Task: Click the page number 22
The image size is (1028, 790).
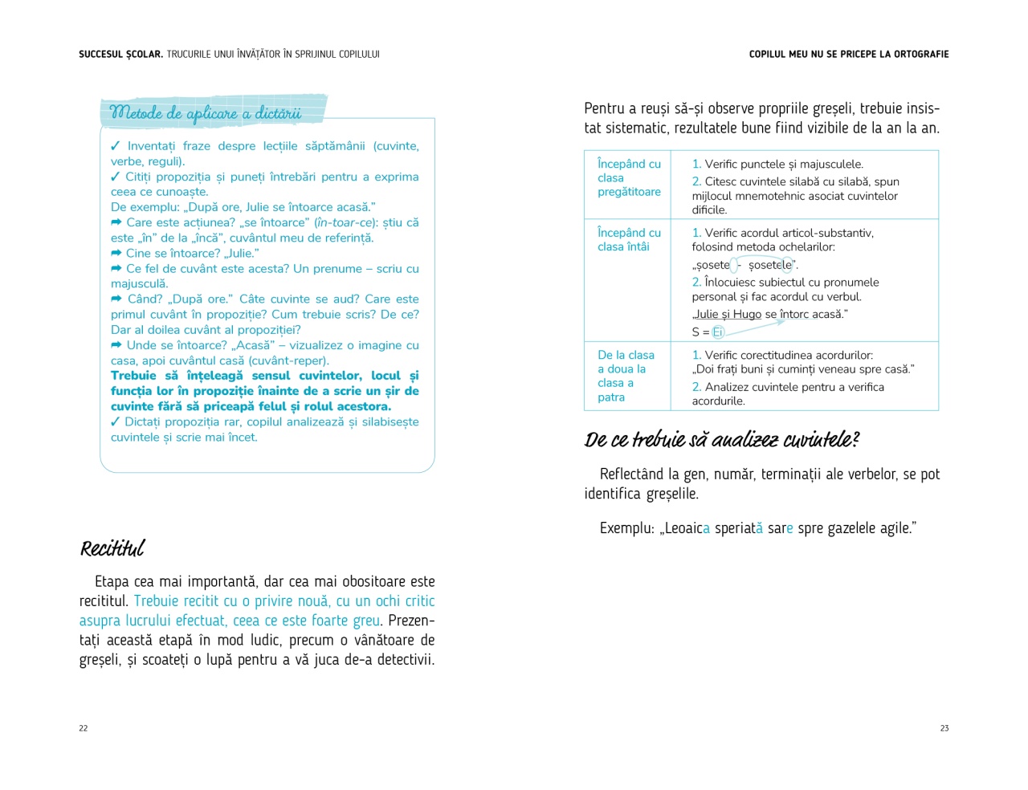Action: click(84, 728)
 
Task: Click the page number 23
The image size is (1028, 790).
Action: click(944, 728)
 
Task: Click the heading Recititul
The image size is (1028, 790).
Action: click(112, 549)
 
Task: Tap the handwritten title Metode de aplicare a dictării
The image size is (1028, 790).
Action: click(206, 113)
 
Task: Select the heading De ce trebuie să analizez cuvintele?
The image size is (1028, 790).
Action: click(722, 440)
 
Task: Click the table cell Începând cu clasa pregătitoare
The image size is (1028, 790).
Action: click(629, 177)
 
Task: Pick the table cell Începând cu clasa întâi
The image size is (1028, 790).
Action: click(629, 239)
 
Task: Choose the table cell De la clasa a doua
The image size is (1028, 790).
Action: click(626, 376)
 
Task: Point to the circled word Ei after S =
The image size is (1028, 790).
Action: click(718, 332)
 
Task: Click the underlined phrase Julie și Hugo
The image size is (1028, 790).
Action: click(728, 314)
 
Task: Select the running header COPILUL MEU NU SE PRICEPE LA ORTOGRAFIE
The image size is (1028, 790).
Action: click(849, 55)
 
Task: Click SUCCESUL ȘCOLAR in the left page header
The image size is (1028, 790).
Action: click(120, 55)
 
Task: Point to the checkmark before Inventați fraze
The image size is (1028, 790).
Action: click(116, 145)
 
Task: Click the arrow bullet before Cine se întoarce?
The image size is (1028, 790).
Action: click(116, 253)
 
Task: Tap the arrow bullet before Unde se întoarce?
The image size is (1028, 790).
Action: click(116, 345)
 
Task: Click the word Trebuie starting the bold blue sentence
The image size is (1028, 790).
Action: click(133, 376)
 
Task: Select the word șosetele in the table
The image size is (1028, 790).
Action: click(769, 265)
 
